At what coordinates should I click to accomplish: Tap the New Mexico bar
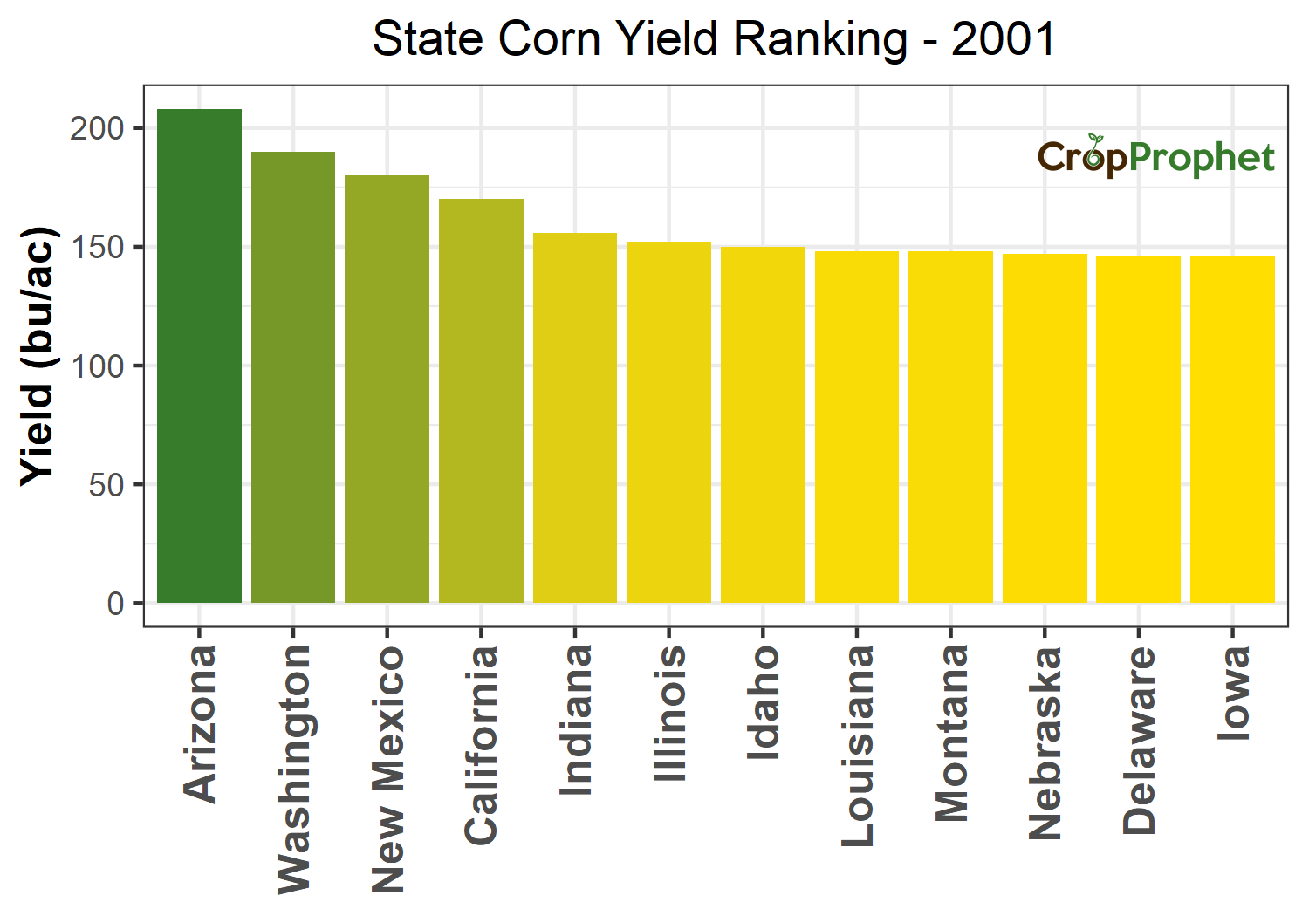click(387, 389)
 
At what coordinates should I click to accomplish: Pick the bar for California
click(481, 400)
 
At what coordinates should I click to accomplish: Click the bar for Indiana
click(575, 418)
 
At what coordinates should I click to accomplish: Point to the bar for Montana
click(950, 427)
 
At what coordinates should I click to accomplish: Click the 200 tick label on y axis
click(98, 128)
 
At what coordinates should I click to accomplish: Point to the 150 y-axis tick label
click(98, 247)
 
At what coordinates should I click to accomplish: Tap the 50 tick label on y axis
click(106, 485)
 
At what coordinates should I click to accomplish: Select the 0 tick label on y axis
click(115, 604)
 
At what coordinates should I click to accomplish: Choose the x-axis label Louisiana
click(858, 746)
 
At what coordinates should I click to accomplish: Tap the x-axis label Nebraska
click(1045, 742)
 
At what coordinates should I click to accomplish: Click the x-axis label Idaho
click(764, 701)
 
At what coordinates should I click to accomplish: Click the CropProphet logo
click(1155, 157)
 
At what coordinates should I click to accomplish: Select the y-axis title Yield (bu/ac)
click(38, 355)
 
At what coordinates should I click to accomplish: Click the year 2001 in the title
click(1004, 39)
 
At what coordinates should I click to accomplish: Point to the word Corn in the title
click(548, 39)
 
